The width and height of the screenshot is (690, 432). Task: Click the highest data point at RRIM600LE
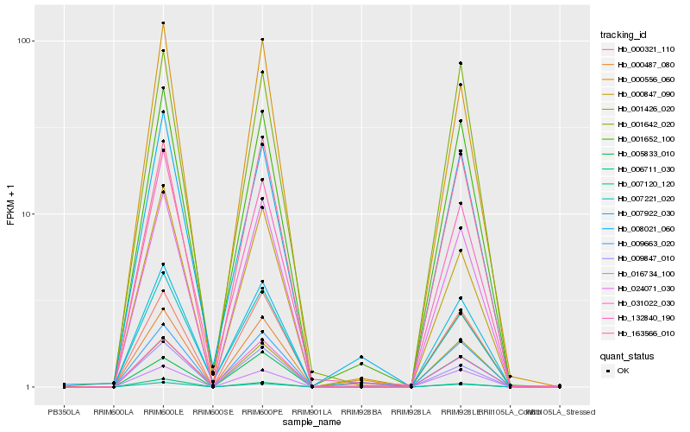click(x=163, y=23)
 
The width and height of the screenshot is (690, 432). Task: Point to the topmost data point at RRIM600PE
click(x=262, y=40)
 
